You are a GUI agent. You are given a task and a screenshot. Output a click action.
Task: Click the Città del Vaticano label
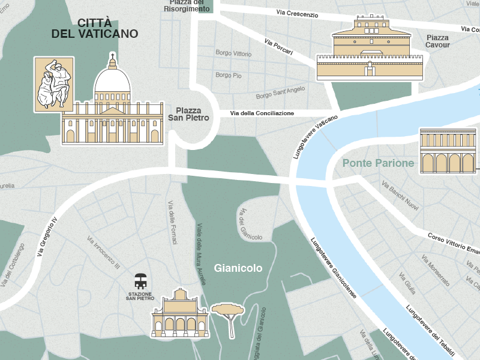click(95, 28)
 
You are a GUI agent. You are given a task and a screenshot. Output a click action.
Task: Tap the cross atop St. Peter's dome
click(112, 59)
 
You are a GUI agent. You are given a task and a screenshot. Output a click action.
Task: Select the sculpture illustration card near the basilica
click(53, 84)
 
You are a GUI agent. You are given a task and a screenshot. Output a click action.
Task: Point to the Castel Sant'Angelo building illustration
click(370, 51)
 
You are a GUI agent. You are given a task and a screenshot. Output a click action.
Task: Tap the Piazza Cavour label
click(437, 41)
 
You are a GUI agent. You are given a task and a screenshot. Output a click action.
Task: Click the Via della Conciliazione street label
click(262, 113)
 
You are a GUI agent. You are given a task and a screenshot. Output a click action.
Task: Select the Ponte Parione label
click(378, 163)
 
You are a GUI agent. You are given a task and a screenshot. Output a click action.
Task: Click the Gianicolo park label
click(238, 268)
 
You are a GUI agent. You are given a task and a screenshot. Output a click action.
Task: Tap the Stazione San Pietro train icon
click(141, 280)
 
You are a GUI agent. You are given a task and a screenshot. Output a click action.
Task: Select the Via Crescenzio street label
click(298, 13)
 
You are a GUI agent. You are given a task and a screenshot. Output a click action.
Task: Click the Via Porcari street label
click(278, 47)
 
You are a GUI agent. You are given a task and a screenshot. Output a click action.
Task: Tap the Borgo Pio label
click(229, 76)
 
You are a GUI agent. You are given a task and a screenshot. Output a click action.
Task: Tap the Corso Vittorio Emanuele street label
click(453, 242)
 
